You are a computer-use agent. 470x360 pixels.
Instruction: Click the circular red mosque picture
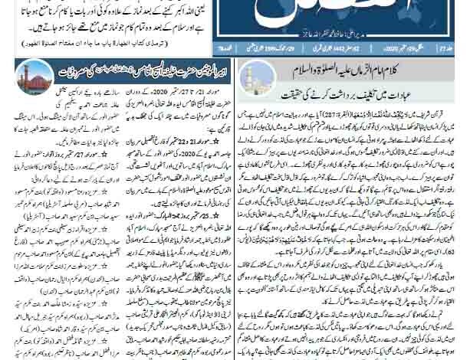click(x=35, y=77)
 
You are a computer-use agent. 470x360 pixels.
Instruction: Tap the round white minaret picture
click(x=258, y=77)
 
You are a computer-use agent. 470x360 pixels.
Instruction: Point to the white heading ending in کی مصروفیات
click(x=141, y=72)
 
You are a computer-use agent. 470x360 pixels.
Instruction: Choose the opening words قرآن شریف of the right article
click(x=445, y=105)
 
